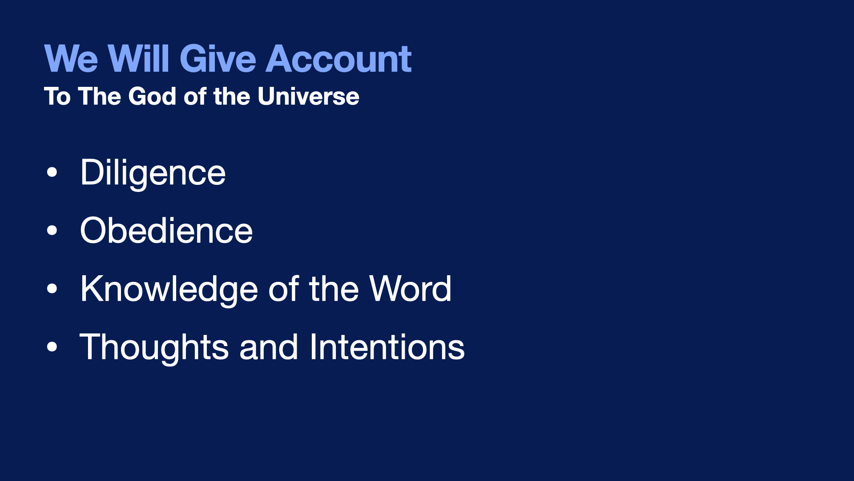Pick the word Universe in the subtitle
click(308, 96)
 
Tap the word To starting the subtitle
click(57, 96)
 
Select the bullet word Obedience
click(166, 231)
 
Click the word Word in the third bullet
click(410, 289)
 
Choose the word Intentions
click(387, 347)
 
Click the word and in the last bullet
click(269, 347)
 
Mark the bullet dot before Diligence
click(52, 172)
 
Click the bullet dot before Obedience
click(52, 231)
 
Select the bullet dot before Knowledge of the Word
click(52, 289)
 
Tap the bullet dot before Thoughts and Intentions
click(52, 347)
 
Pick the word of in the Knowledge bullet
click(284, 289)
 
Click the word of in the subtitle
click(195, 96)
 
